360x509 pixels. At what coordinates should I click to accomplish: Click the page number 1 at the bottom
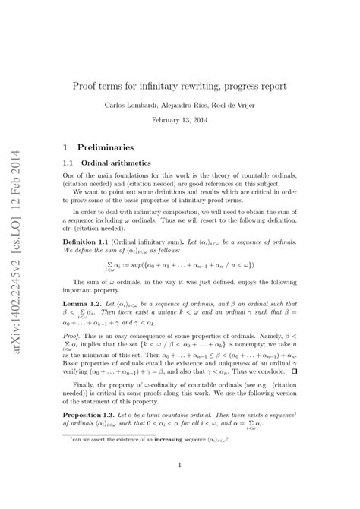179,488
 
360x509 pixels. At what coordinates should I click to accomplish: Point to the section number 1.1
69,163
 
